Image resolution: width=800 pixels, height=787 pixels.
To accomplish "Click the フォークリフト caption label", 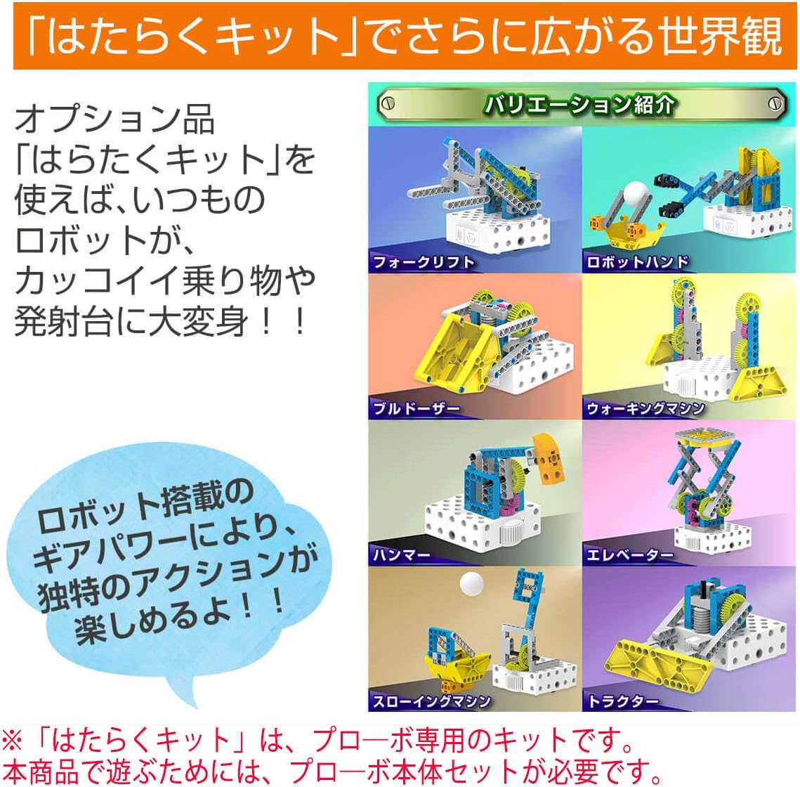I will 424,263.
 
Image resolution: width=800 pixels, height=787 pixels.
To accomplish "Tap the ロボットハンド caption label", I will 638,263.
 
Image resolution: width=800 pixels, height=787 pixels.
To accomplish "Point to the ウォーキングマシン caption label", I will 645,408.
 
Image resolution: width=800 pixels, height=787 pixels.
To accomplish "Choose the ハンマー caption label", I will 402,554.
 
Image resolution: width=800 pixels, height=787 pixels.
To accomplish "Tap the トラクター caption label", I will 624,701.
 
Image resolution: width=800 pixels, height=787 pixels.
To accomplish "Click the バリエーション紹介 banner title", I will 579,105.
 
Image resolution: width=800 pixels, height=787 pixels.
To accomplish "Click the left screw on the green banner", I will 387,104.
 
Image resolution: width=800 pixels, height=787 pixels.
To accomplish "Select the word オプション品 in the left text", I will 114,119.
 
